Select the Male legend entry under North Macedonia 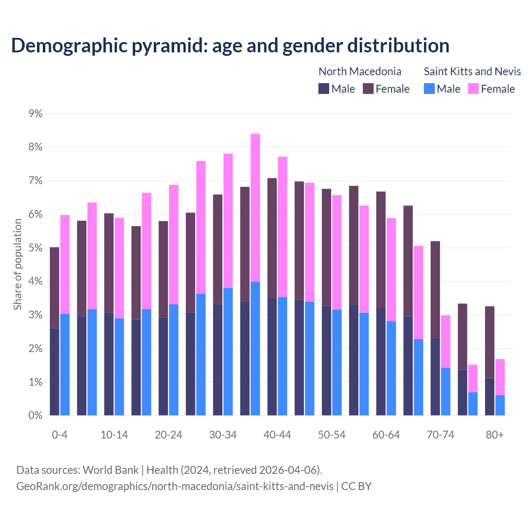click(337, 89)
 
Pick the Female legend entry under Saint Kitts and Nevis click(491, 89)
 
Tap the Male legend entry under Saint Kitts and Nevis click(442, 89)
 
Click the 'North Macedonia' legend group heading click(360, 71)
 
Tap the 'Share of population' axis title click(17, 264)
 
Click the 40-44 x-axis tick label click(277, 435)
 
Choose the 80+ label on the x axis click(495, 435)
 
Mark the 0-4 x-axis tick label click(59, 435)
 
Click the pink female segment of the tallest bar click(255, 208)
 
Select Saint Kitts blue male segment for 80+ click(500, 405)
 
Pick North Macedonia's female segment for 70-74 click(435, 289)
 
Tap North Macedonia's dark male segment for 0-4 click(54, 372)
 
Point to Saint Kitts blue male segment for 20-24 click(174, 360)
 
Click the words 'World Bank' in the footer click(111, 470)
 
